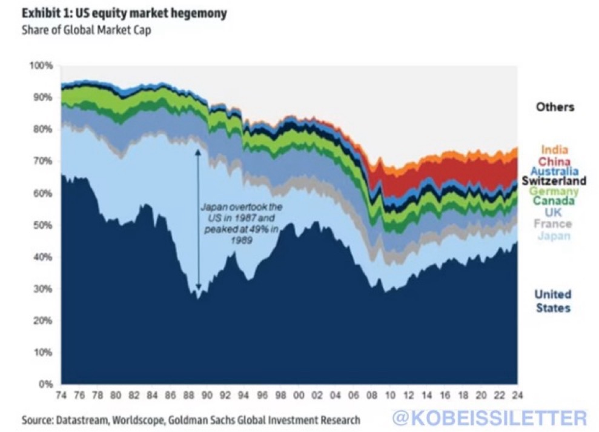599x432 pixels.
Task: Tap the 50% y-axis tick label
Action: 45,225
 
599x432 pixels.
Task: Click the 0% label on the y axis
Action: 48,384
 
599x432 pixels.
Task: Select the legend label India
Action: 554,149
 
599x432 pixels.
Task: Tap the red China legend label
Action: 554,161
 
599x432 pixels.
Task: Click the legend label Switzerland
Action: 554,181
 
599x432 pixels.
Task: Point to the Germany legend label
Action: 554,191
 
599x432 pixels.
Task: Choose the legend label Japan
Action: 554,235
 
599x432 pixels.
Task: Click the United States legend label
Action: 552,301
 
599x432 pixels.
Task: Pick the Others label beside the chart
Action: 554,107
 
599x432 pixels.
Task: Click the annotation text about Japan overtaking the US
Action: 234,224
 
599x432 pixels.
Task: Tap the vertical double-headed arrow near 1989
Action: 198,212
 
